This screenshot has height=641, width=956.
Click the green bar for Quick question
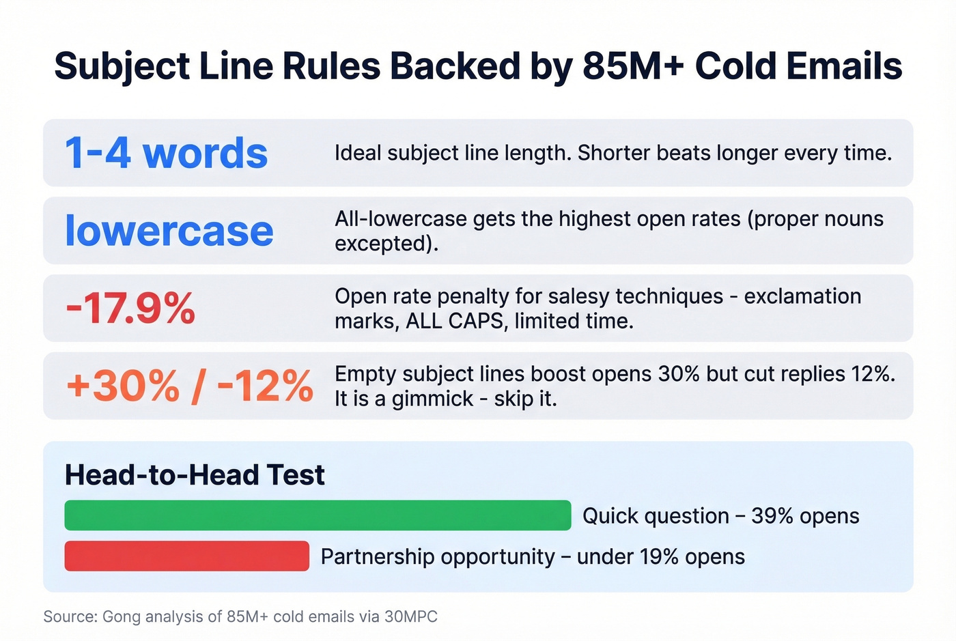318,515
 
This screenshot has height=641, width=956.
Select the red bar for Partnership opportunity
186,556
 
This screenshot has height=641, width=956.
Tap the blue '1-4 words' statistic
166,153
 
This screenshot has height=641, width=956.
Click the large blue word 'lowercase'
169,231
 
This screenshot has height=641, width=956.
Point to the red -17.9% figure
130,309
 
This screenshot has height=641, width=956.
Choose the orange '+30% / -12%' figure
189,386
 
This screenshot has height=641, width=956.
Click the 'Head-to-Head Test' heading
195,475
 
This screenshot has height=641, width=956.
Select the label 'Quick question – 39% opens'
720,516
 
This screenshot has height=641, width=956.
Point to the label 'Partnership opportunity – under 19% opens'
533,556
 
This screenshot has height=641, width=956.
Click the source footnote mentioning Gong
240,616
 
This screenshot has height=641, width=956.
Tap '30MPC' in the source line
410,616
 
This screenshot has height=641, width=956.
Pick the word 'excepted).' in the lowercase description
386,244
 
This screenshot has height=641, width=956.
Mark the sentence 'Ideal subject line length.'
452,153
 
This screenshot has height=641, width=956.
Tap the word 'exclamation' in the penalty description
802,296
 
